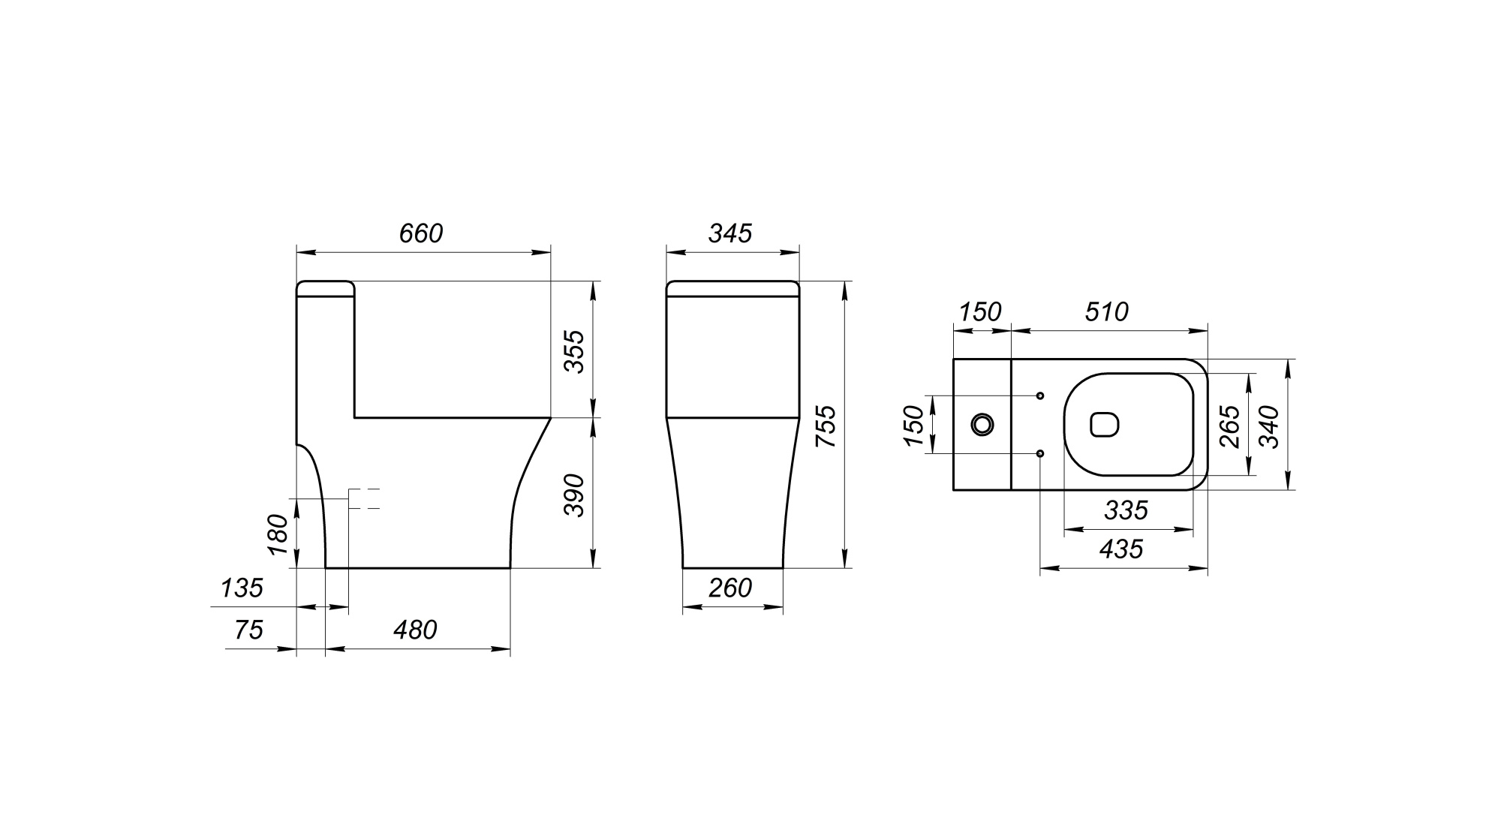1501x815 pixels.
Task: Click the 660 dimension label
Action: (x=421, y=233)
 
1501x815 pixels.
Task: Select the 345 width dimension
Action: (x=730, y=233)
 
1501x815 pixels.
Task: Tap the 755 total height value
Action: (x=826, y=426)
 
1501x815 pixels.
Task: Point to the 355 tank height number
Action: (x=574, y=350)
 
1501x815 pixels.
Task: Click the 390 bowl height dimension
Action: (x=574, y=495)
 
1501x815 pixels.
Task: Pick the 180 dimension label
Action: (x=278, y=534)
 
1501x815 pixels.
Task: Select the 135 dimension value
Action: (x=242, y=588)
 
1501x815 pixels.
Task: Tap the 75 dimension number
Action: (x=249, y=630)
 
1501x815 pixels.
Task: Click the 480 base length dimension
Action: (x=415, y=630)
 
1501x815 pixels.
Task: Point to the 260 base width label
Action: (x=730, y=588)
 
